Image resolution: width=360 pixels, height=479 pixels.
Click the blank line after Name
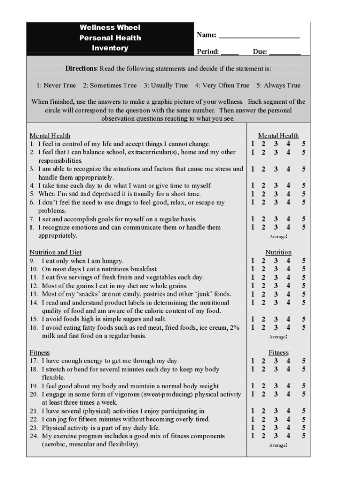tap(259, 36)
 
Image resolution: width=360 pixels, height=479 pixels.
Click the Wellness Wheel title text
tap(110, 28)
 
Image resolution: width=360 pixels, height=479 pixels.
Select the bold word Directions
tap(81, 69)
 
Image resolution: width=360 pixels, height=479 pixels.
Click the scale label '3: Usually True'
tap(166, 86)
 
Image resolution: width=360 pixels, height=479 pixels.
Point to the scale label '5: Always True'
tap(278, 86)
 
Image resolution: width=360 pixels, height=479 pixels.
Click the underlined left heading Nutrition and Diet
tap(56, 253)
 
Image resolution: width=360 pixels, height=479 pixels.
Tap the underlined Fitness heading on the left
tap(39, 353)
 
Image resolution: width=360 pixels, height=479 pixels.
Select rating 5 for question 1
tap(304, 144)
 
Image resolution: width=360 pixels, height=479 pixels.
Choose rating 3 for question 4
tap(276, 186)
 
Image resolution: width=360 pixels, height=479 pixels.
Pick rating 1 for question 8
tap(252, 227)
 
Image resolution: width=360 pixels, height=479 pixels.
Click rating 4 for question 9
tap(288, 261)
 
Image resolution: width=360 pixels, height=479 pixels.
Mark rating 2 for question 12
tap(263, 286)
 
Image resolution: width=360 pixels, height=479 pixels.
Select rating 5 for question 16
tap(304, 327)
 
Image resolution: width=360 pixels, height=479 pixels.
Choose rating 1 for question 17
tap(252, 361)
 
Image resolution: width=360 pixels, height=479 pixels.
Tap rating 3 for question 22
tap(276, 420)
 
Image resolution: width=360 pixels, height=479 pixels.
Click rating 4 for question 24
tap(288, 436)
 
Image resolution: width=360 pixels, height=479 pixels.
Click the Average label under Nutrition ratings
tap(278, 337)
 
